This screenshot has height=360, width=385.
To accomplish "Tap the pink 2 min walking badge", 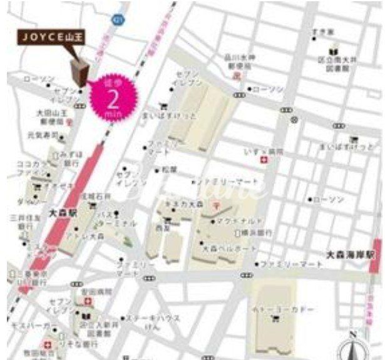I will tap(115, 95).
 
